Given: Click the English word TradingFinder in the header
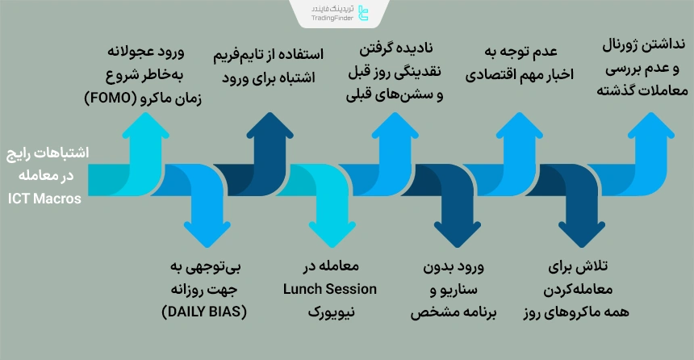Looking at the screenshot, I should (x=335, y=18).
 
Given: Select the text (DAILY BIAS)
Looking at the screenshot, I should (x=204, y=311).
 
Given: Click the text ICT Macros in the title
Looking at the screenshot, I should (x=45, y=196).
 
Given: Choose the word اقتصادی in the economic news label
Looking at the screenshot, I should (x=491, y=74).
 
